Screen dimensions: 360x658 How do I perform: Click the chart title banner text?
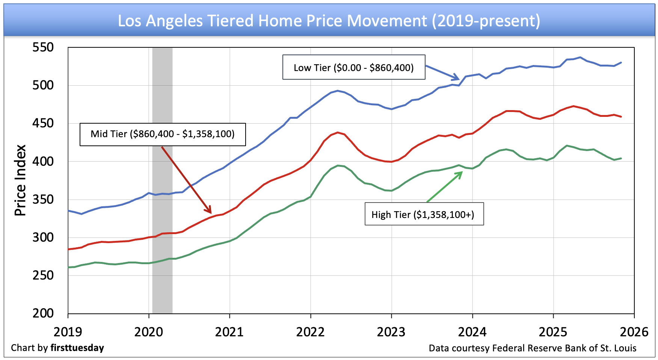(329, 21)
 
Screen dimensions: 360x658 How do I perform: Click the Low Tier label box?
(353, 68)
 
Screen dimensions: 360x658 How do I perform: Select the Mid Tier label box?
(162, 134)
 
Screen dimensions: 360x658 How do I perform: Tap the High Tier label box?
(424, 214)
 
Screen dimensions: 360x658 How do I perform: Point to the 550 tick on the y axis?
(43, 47)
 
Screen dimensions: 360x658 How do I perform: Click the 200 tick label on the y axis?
(43, 313)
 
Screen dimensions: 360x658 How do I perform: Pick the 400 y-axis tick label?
(43, 162)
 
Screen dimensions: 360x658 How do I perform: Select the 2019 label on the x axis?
(68, 332)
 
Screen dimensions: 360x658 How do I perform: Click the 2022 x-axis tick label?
(310, 332)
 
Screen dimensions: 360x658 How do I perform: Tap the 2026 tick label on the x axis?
(634, 332)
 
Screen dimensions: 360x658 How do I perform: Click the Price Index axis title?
(20, 180)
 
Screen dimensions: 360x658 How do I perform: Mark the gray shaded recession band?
(162, 180)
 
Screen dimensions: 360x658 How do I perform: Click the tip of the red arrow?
(211, 213)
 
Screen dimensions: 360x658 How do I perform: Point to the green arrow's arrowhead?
(462, 172)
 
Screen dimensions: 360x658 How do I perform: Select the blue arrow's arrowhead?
(459, 79)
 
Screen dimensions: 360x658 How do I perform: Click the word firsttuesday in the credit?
(77, 348)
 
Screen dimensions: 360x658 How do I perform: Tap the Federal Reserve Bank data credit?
(533, 348)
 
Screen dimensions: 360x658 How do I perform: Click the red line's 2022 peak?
(338, 132)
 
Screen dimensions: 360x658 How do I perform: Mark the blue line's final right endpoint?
(621, 62)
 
